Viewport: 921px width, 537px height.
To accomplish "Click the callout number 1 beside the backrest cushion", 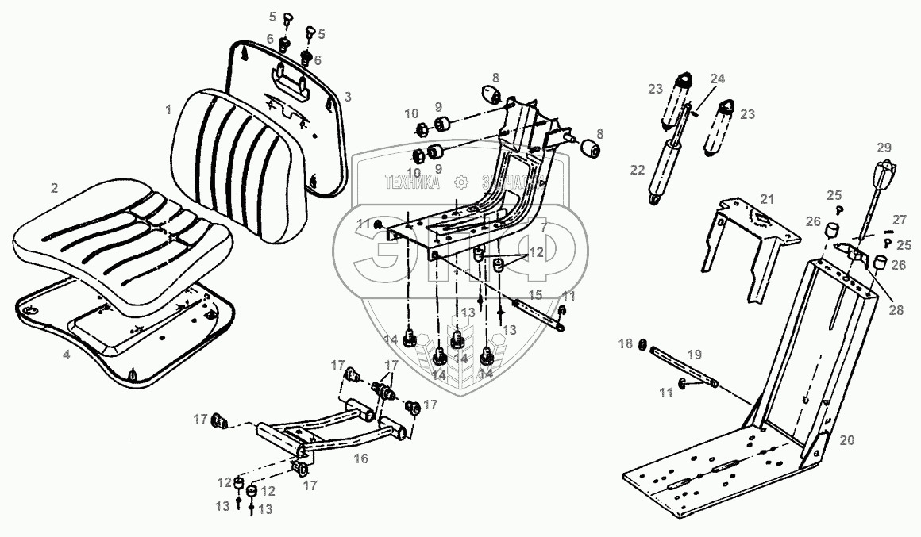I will pyautogui.click(x=168, y=109).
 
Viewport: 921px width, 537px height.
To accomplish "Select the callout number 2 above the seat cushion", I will pyautogui.click(x=55, y=188).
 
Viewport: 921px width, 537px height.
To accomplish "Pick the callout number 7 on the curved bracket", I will pyautogui.click(x=543, y=228).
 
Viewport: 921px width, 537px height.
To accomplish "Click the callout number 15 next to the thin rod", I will pyautogui.click(x=534, y=295).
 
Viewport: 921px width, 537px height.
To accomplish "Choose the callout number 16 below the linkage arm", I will pyautogui.click(x=361, y=458).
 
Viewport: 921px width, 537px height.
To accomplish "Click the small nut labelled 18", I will pyautogui.click(x=643, y=345).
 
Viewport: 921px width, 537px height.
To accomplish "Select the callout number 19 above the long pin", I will pyautogui.click(x=693, y=355).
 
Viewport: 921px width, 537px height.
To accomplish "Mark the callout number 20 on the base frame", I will pyautogui.click(x=847, y=439).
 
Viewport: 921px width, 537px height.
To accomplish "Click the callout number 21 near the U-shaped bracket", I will pyautogui.click(x=766, y=198).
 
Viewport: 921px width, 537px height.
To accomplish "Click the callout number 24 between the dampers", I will pyautogui.click(x=717, y=79).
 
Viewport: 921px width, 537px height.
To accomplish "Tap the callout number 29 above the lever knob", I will pyautogui.click(x=884, y=148).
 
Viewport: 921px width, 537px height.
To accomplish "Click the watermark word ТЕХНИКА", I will pyautogui.click(x=412, y=182).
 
